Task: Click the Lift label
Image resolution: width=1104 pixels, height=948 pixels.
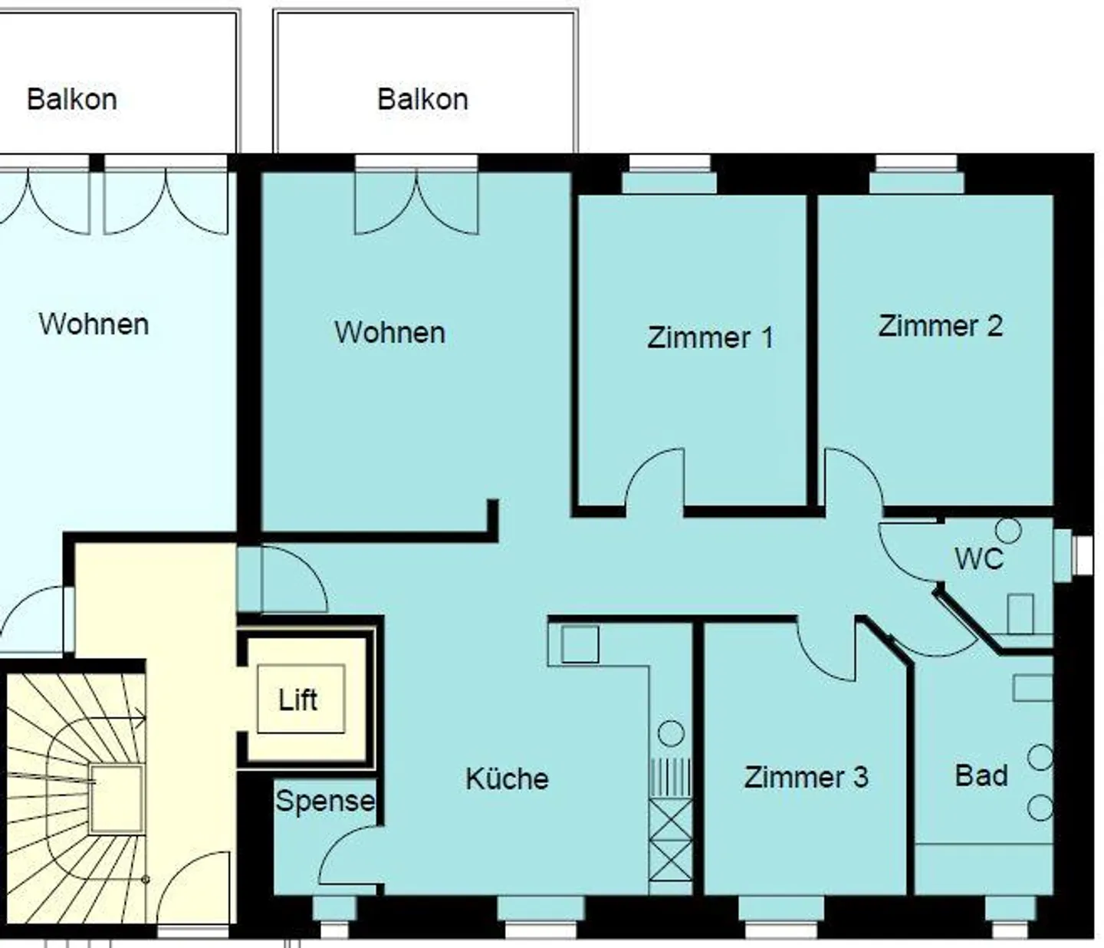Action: coord(297,699)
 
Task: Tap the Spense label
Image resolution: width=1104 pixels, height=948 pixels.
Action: coord(325,801)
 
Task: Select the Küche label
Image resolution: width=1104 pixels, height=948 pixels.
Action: coord(507,778)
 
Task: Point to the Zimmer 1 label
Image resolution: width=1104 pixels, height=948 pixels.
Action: coord(710,337)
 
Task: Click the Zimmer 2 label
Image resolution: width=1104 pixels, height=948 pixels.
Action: coord(940,326)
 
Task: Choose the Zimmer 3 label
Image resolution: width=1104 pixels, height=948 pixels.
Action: coord(806,777)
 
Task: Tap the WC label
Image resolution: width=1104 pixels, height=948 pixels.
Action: coord(978,558)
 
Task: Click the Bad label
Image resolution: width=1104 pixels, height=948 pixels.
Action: coord(981,775)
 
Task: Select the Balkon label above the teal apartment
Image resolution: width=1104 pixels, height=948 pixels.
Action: coord(422,99)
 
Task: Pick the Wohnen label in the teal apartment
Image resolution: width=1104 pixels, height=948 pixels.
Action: coord(389,332)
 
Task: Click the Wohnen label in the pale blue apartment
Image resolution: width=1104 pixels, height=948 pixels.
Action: coord(94,324)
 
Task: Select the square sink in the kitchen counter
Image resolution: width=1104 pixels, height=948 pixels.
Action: coord(580,644)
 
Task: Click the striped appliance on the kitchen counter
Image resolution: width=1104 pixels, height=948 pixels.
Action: coord(670,777)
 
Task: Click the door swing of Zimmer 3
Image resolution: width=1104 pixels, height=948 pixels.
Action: coord(826,652)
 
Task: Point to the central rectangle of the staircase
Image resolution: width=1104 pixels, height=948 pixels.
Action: coord(116,798)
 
